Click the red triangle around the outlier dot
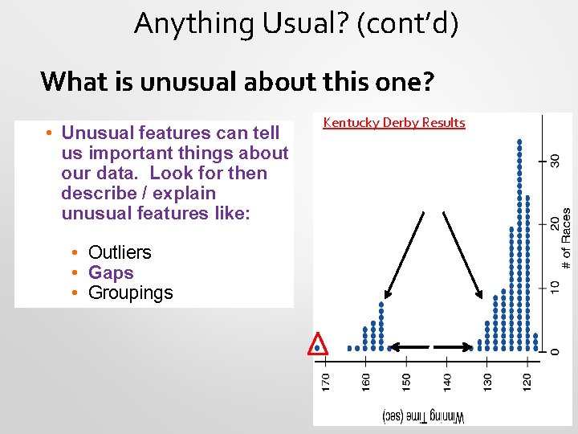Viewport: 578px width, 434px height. [x=319, y=344]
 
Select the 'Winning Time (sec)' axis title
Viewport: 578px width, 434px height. [x=424, y=416]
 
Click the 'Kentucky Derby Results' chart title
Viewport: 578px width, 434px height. [x=393, y=123]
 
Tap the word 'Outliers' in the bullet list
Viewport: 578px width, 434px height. [x=120, y=252]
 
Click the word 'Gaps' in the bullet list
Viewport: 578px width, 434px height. [x=111, y=272]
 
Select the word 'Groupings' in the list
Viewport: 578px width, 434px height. [x=130, y=293]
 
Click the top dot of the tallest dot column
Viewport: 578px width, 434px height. [x=520, y=141]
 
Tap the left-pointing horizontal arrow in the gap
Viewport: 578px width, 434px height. [x=409, y=347]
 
